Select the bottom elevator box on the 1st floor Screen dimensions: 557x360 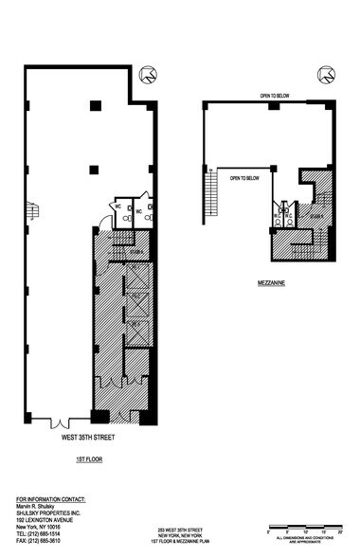(135, 331)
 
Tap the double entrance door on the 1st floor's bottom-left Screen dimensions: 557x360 (62, 422)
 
